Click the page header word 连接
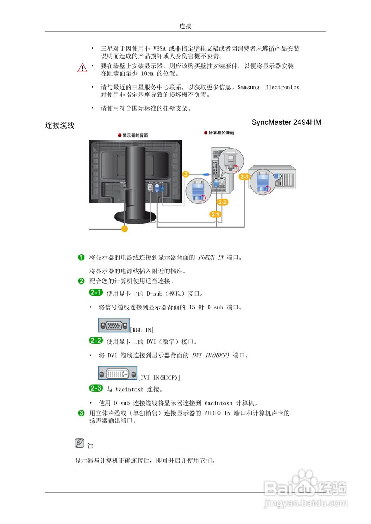click(x=185, y=26)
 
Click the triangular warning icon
click(x=82, y=68)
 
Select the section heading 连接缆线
click(x=60, y=126)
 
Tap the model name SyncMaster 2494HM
click(x=286, y=122)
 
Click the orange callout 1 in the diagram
click(x=124, y=228)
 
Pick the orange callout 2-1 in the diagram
click(x=216, y=214)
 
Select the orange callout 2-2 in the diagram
click(x=223, y=202)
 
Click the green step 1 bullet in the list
click(x=82, y=257)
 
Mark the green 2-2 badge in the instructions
click(x=96, y=341)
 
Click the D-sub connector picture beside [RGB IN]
click(x=114, y=325)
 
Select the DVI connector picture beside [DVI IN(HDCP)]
click(x=118, y=373)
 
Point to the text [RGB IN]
click(x=142, y=330)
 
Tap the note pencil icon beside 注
click(x=80, y=443)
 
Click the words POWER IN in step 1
click(x=211, y=257)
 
